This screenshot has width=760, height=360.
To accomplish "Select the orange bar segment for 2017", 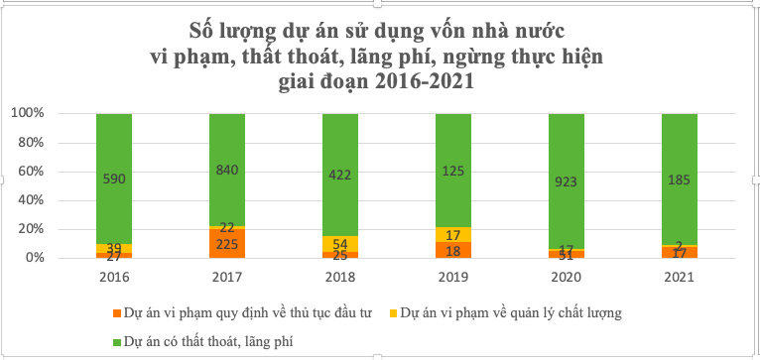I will [227, 244].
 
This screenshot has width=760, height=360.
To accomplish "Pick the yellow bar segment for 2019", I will [453, 234].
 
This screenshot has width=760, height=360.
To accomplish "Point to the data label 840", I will [227, 170].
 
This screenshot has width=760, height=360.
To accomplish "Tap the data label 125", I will [453, 171].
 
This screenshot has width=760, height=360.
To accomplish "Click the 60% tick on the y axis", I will [28, 172].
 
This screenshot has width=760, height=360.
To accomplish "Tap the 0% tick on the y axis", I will [32, 258].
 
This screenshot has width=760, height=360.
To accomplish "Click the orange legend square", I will [116, 312].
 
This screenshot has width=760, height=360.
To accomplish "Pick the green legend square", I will [116, 340].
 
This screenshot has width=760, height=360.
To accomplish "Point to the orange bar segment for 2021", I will [680, 252].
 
